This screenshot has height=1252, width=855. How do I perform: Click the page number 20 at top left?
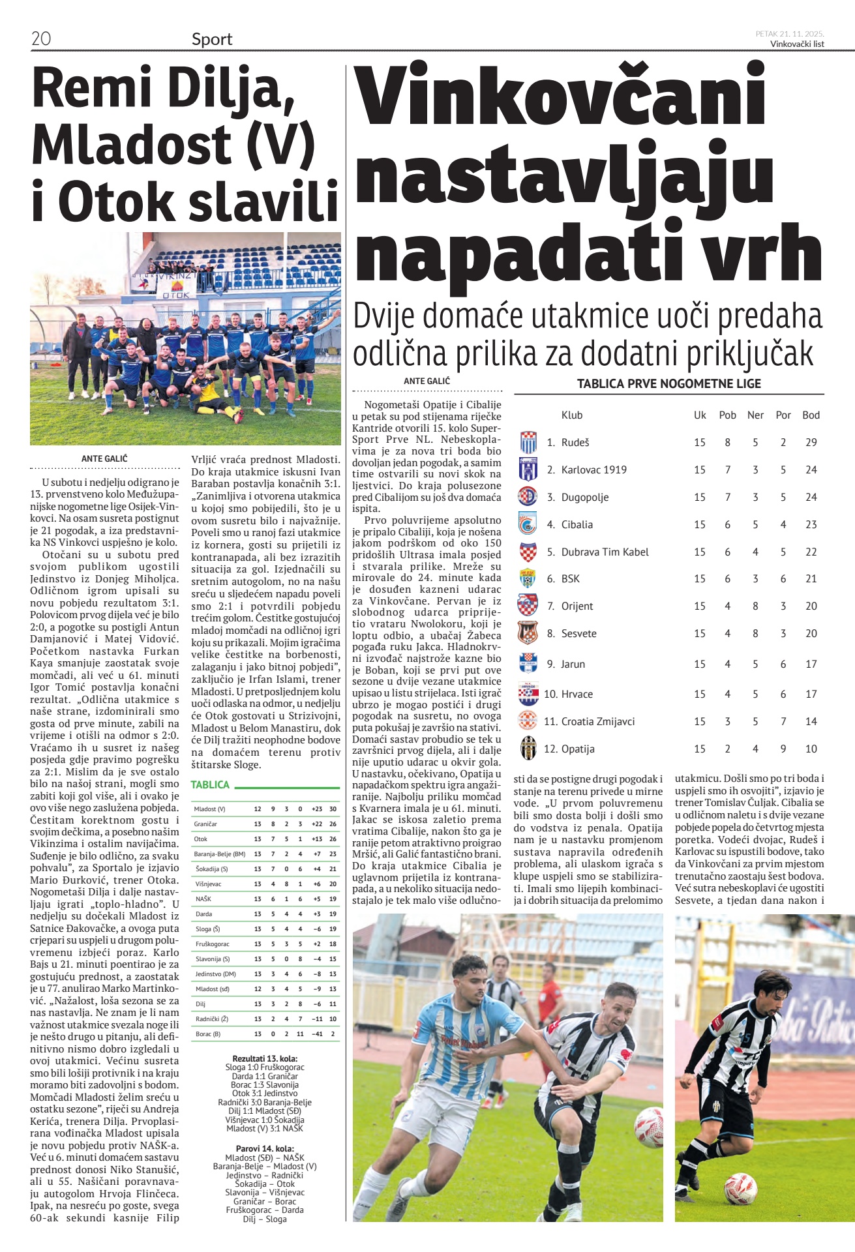[x=40, y=39]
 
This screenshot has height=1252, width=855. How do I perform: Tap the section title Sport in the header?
[x=212, y=40]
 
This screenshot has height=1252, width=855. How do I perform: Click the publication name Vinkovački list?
[x=797, y=44]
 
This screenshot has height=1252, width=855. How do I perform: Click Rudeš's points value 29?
[x=811, y=443]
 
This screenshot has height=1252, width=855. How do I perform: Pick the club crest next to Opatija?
[x=528, y=749]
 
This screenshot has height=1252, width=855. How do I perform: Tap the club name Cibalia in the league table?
[x=577, y=525]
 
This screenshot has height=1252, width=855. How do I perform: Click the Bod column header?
[x=811, y=415]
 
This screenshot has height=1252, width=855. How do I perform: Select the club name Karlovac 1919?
[x=593, y=470]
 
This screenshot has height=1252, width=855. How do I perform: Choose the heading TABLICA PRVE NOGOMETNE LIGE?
[x=668, y=384]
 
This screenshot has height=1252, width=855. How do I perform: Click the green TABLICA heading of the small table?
[x=210, y=785]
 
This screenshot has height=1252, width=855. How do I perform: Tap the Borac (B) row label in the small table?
[x=208, y=1034]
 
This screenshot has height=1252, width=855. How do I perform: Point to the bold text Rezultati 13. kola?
[x=265, y=1058]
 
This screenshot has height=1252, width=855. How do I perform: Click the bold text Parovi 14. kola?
[x=265, y=1149]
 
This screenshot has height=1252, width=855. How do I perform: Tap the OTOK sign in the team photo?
[x=175, y=295]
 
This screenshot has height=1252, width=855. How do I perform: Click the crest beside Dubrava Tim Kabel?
[x=528, y=552]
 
